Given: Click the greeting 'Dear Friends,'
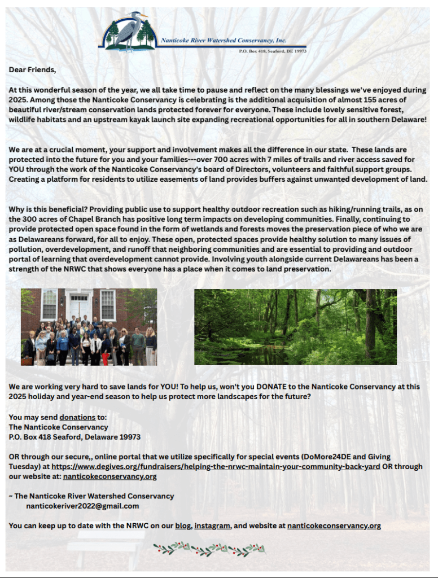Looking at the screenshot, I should click(x=32, y=70).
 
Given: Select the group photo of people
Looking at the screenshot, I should click(x=89, y=327).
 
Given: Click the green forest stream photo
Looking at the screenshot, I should click(x=295, y=327).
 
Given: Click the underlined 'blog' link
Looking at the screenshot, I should click(x=183, y=526).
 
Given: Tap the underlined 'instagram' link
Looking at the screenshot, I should click(x=212, y=526).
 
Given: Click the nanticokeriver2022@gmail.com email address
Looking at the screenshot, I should click(x=82, y=506).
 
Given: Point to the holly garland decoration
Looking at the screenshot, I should click(x=209, y=548).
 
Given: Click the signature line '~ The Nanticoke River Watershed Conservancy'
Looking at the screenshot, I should click(x=91, y=496).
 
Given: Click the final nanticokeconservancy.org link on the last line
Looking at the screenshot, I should click(x=334, y=526).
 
